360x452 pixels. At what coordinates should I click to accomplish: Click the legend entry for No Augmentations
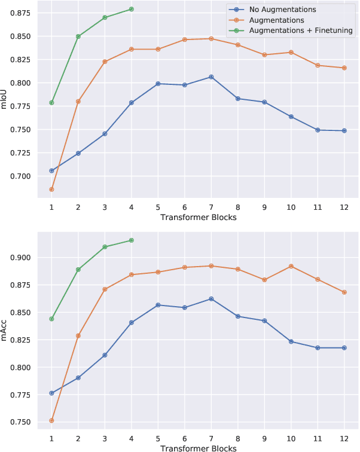click(x=282, y=10)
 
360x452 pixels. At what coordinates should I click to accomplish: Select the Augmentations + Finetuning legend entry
click(x=300, y=30)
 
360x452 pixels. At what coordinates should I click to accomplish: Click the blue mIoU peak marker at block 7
click(x=210, y=77)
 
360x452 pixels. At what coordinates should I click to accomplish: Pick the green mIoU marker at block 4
click(x=131, y=9)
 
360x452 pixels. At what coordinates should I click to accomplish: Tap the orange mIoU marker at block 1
click(x=51, y=190)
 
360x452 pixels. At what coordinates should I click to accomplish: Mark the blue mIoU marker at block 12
click(x=343, y=130)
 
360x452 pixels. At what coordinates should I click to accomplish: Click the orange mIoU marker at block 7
click(x=210, y=39)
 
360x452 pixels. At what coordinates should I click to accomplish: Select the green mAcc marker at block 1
click(x=51, y=319)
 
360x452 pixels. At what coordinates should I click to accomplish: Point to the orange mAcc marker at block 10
click(x=290, y=266)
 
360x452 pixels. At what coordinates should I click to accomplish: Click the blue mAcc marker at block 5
click(x=158, y=305)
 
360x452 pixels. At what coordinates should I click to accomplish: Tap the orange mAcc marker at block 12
click(x=343, y=292)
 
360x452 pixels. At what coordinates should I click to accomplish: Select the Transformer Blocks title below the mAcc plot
click(x=197, y=447)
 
